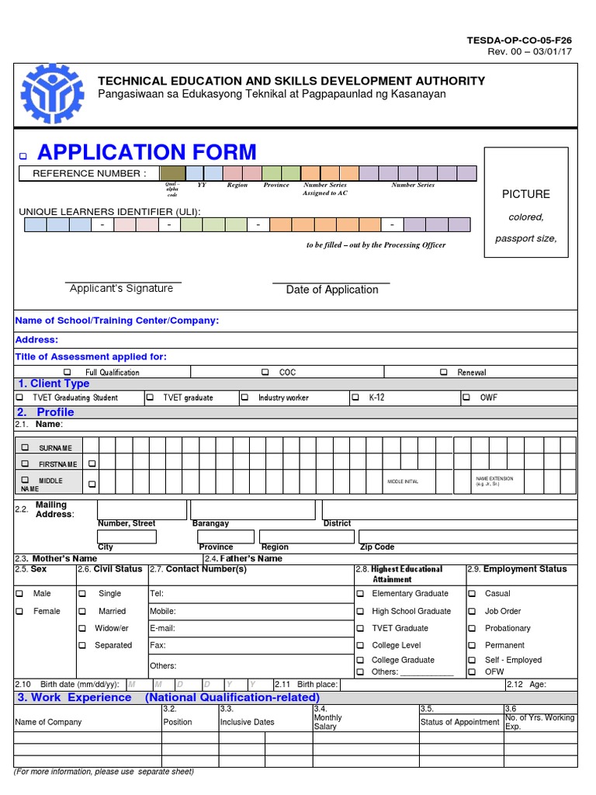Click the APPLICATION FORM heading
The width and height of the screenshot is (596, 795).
pos(147,152)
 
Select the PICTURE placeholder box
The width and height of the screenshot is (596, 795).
pos(526,208)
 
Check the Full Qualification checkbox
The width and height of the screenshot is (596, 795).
pos(68,372)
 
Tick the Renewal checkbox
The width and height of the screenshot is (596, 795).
pos(443,372)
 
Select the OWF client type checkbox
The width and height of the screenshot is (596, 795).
pos(466,397)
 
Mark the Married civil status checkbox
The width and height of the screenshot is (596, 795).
pos(82,611)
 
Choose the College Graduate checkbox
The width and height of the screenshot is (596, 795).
pos(360,660)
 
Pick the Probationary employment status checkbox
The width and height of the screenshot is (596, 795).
pos(471,628)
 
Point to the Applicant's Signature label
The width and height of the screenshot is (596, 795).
pos(122,289)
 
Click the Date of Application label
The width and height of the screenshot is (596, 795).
pos(332,290)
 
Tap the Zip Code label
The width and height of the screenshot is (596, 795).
pos(377,547)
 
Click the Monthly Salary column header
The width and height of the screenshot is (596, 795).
pos(327,722)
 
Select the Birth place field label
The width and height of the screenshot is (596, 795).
pos(317,685)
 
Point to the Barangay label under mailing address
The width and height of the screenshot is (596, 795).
pos(210,524)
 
